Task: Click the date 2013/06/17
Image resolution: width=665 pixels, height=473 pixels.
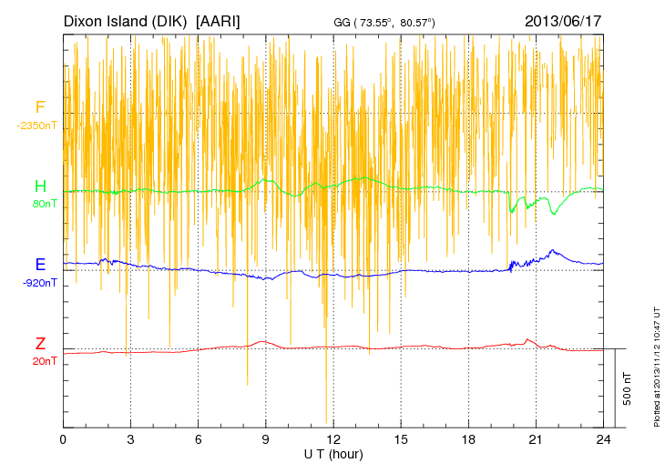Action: [563, 20]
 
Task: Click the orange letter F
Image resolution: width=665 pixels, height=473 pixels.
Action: [39, 107]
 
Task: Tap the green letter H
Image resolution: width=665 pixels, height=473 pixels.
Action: [40, 186]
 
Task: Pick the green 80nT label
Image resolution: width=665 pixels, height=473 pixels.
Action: [44, 204]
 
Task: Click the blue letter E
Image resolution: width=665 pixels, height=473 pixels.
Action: [40, 265]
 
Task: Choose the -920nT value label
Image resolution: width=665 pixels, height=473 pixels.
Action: [40, 282]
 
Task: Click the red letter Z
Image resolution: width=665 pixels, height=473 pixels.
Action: [40, 344]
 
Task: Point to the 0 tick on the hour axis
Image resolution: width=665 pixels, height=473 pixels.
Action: [63, 438]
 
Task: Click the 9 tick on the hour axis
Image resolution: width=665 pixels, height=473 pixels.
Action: [266, 438]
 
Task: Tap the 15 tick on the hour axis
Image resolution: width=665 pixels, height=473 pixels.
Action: [401, 438]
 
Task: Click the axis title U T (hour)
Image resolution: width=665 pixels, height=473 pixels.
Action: [333, 453]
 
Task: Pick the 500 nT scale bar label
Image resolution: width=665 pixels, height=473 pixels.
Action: [627, 388]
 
